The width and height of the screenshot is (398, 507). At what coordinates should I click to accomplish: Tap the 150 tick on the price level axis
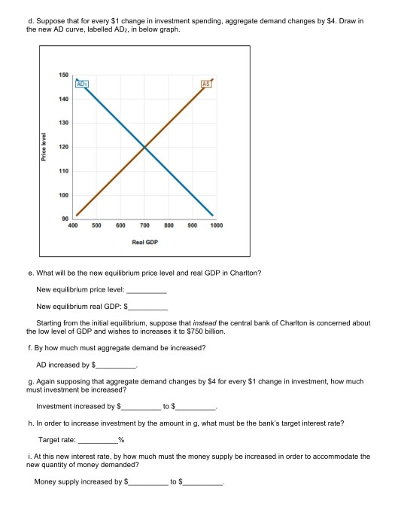pyautogui.click(x=63, y=75)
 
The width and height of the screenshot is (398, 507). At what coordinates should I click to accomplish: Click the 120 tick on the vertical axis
pyautogui.click(x=63, y=147)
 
